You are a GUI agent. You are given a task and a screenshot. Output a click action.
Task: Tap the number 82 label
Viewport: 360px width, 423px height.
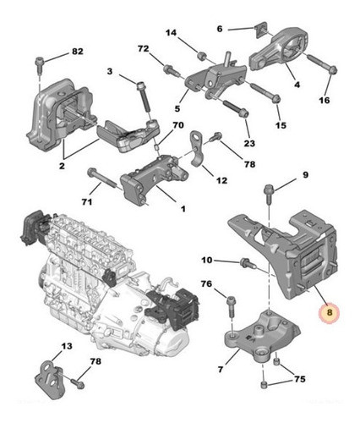(x=77, y=52)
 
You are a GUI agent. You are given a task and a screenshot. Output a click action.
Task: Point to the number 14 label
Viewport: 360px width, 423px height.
(x=171, y=34)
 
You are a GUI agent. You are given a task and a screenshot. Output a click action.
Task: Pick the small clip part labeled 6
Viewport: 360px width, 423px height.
(x=253, y=32)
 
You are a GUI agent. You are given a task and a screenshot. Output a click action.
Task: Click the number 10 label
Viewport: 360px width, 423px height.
(x=207, y=260)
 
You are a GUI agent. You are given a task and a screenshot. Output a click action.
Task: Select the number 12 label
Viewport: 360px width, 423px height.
(x=221, y=179)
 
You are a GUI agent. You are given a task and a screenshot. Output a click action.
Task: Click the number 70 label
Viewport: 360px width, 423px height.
(x=177, y=126)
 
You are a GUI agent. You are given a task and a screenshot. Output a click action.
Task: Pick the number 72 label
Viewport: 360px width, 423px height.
(x=143, y=49)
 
